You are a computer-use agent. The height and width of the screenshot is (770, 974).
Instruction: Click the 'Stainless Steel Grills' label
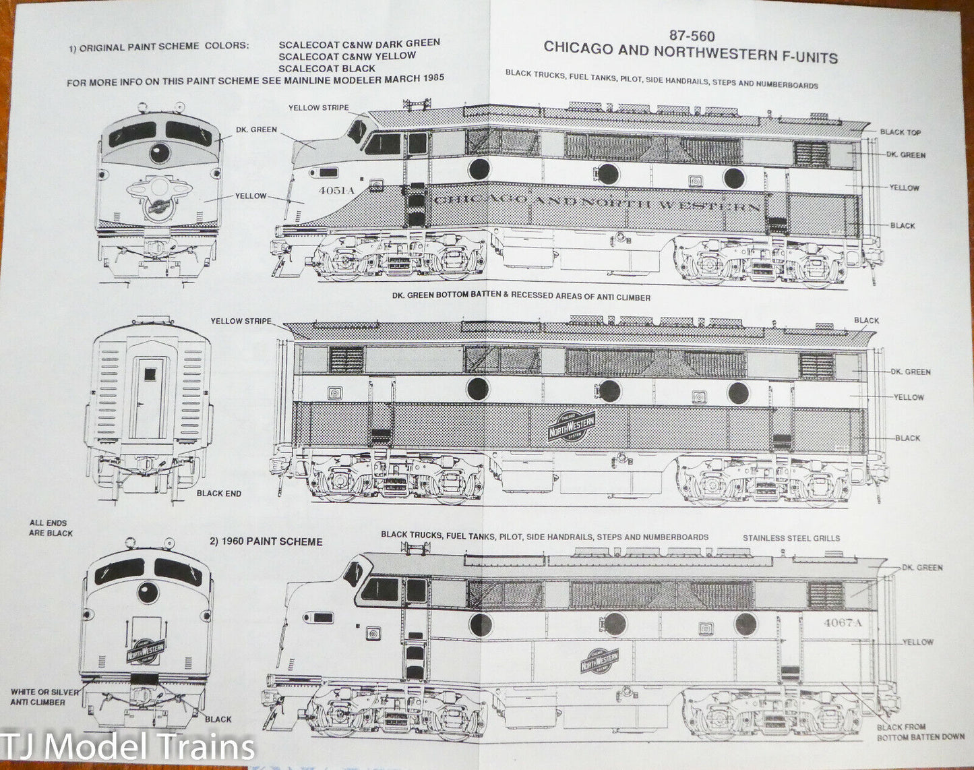tap(791, 538)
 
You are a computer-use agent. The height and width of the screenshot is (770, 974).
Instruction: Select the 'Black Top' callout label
tap(900, 132)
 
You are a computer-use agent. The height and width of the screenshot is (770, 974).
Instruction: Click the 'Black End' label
tap(218, 494)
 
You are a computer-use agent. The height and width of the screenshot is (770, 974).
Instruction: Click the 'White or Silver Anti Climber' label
tap(44, 697)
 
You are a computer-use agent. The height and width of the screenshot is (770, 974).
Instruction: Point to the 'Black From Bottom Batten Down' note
tap(919, 732)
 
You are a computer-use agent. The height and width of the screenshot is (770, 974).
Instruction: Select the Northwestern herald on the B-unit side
tap(572, 426)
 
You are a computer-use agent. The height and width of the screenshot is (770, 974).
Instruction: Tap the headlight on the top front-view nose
tap(159, 152)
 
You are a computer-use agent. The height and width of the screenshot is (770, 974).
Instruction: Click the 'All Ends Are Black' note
tap(51, 528)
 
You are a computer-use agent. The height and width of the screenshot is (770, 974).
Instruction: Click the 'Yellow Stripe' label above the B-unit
tap(241, 321)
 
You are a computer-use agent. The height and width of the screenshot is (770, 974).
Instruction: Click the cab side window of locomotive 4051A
tap(382, 144)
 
